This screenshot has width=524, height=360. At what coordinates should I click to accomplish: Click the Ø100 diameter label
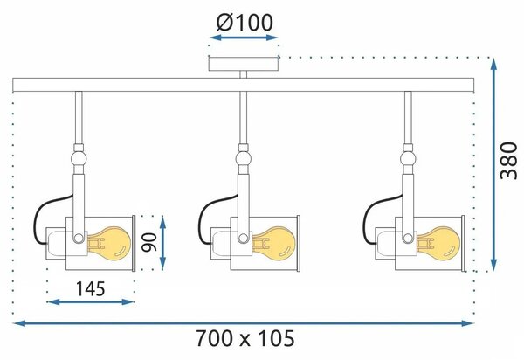[245, 23]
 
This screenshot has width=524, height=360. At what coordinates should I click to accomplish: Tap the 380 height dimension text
[508, 161]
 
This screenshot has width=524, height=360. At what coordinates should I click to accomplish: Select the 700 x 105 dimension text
[245, 338]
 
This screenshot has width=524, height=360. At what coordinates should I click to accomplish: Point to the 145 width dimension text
[91, 289]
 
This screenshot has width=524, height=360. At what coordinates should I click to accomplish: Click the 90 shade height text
[149, 242]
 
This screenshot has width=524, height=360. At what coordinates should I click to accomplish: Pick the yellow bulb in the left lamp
[108, 242]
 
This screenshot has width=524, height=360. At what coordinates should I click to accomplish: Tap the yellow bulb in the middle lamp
[273, 242]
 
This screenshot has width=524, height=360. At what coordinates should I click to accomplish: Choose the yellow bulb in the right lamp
[438, 242]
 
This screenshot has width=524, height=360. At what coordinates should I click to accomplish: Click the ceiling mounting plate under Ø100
[244, 64]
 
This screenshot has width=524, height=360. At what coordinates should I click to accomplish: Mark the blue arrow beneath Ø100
[244, 38]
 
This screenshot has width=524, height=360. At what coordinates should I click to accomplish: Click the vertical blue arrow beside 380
[493, 164]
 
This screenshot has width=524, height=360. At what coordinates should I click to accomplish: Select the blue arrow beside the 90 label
[162, 242]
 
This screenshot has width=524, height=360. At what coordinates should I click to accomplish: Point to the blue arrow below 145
[91, 302]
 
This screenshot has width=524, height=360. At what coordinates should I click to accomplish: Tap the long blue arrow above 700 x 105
[244, 323]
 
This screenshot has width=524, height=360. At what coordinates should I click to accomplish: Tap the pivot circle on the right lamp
[407, 238]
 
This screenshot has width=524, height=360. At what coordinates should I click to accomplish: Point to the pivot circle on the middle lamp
[243, 238]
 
